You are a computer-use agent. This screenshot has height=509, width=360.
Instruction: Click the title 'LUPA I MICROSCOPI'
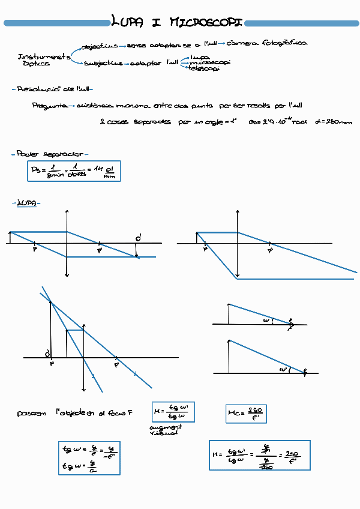click(177, 23)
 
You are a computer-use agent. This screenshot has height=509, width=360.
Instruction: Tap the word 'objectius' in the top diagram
click(100, 45)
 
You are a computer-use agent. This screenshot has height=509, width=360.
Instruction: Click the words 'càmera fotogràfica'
click(268, 43)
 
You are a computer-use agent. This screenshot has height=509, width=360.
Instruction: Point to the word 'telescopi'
click(204, 68)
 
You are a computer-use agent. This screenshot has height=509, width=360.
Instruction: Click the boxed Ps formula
click(74, 172)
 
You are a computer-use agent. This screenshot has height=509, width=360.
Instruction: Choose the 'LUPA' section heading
click(26, 203)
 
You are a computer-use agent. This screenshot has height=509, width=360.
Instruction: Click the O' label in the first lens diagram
click(138, 239)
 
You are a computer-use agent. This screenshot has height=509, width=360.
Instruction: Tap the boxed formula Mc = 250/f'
click(247, 413)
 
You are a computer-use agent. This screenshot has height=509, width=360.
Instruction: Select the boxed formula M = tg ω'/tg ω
click(174, 412)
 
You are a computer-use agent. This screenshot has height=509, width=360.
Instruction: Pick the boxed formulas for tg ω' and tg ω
click(86, 458)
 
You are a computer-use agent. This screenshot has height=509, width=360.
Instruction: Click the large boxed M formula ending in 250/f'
click(259, 456)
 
